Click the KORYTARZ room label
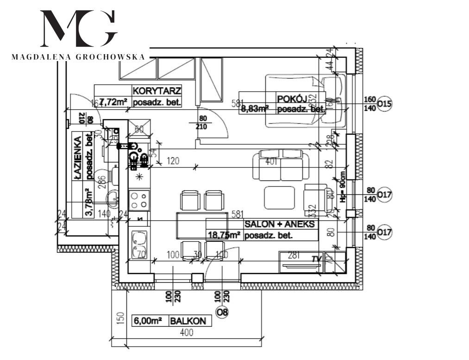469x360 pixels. (x=156, y=90)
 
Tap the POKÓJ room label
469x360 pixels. (x=290, y=99)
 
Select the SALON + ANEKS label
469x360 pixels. (x=281, y=224)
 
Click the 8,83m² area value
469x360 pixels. (x=255, y=109)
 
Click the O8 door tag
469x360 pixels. (x=222, y=312)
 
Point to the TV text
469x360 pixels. (x=316, y=259)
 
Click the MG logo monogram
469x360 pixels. (x=79, y=29)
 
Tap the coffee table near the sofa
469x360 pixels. (x=278, y=197)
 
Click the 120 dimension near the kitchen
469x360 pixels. (x=173, y=161)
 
